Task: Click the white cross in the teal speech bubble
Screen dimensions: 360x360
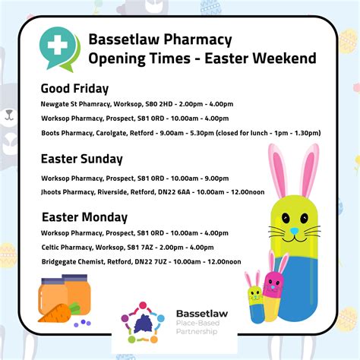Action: pos(58,46)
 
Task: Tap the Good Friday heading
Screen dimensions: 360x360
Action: pos(74,89)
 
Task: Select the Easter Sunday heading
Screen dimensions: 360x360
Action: pos(82,159)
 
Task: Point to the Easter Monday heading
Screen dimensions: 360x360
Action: pos(84,217)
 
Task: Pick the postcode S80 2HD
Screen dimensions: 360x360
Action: pos(159,104)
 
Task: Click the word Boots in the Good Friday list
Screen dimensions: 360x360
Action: pos(50,133)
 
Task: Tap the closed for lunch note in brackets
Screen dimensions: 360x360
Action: pos(268,133)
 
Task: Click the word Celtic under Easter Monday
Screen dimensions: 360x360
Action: pos(50,248)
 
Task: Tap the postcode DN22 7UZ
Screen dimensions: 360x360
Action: pos(150,261)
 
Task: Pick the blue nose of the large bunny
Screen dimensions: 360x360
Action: pos(294,231)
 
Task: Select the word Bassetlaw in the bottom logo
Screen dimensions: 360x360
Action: pos(202,314)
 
